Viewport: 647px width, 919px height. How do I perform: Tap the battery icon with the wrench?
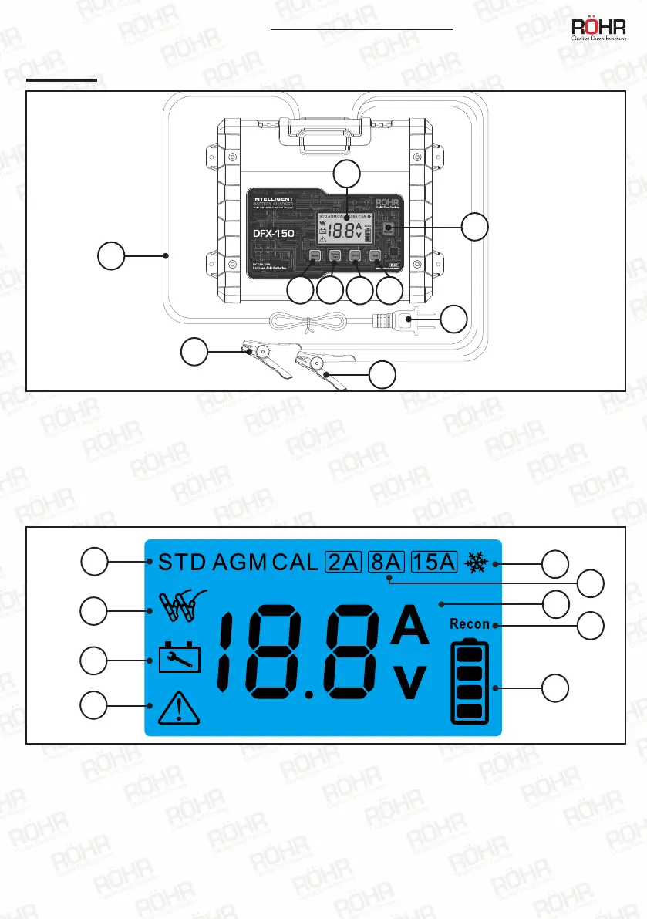179,658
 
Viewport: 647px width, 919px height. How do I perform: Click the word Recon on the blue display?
470,623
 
